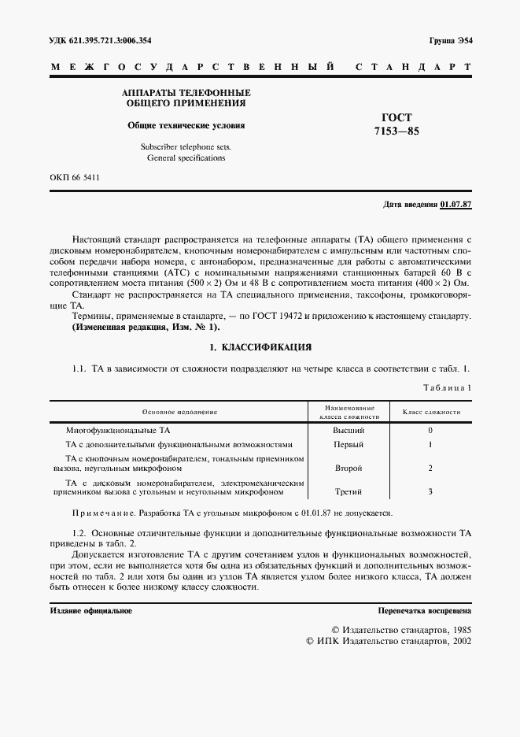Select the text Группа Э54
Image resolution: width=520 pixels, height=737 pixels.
[451, 40]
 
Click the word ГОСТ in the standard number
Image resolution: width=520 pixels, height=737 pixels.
[396, 117]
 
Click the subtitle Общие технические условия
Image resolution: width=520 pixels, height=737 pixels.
[186, 125]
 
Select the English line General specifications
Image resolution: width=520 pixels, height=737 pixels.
[186, 157]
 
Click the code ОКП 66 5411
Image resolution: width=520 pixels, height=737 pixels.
[75, 178]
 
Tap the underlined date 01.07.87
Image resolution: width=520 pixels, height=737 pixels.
[455, 204]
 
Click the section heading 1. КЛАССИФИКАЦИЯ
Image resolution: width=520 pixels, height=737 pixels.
[260, 346]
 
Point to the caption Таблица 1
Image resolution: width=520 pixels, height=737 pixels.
[447, 387]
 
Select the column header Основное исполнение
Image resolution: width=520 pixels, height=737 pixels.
[179, 412]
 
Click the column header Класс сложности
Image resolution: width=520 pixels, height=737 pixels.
[431, 412]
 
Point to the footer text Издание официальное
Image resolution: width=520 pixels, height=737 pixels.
[91, 610]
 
